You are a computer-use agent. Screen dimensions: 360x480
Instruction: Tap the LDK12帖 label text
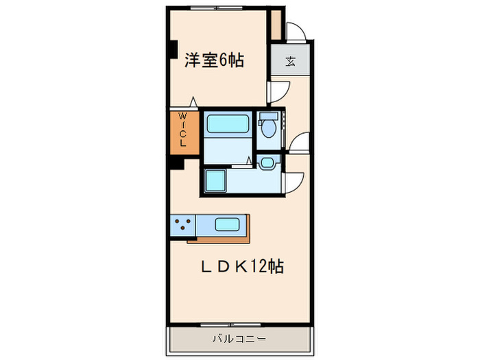241,267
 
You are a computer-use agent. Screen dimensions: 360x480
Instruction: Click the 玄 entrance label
290,61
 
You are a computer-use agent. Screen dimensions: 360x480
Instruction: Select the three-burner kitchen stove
182,224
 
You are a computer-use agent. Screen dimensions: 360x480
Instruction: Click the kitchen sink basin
227,224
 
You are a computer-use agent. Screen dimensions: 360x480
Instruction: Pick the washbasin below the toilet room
267,163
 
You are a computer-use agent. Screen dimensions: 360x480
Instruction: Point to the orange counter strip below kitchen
219,239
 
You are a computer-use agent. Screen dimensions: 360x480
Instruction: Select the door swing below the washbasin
294,180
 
